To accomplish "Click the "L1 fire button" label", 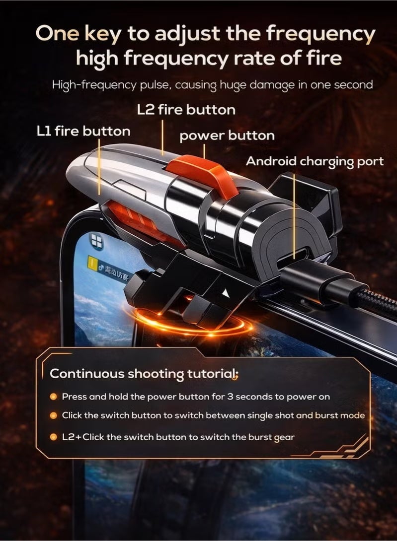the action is (x=83, y=131).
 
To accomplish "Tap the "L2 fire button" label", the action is (x=186, y=110).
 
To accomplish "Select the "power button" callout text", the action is (x=227, y=135).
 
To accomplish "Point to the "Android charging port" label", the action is (x=315, y=161).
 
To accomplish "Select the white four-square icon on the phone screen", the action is (x=97, y=241).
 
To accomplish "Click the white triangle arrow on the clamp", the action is (x=226, y=293).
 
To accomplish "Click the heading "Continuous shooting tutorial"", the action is (x=144, y=374).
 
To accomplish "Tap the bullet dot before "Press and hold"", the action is (x=53, y=397).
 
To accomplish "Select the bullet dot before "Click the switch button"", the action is (x=53, y=415).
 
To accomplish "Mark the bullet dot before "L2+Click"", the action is (x=53, y=437).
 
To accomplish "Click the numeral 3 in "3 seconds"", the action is (x=230, y=397).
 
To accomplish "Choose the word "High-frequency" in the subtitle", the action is (x=94, y=85).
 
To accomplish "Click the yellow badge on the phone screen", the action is (x=91, y=262).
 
